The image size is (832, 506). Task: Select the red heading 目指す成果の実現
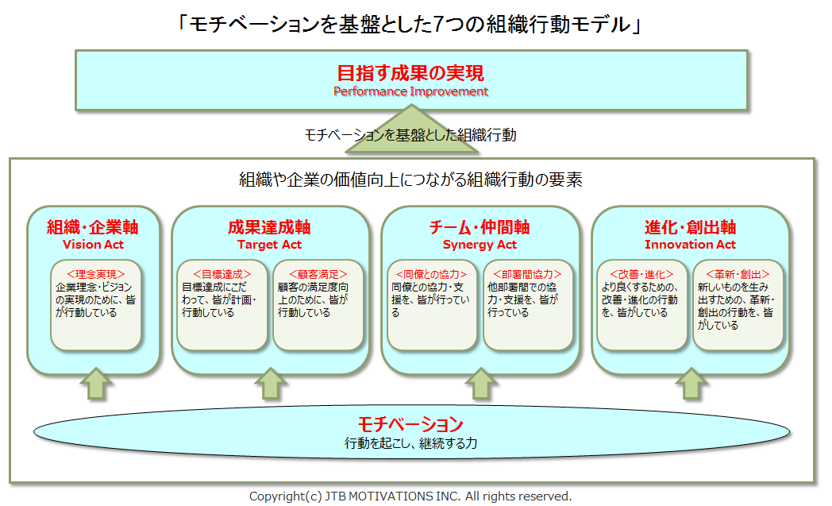410,74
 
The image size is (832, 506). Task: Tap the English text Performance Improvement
410,91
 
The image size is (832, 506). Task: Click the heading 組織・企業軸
93,227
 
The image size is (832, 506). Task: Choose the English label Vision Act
93,245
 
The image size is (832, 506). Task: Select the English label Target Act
269,245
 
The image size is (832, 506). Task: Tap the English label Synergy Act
480,245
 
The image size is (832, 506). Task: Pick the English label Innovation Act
690,245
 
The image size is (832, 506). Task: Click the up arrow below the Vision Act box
94,385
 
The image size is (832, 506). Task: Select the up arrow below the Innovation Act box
690,385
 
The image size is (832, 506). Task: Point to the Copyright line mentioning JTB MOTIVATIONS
410,496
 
